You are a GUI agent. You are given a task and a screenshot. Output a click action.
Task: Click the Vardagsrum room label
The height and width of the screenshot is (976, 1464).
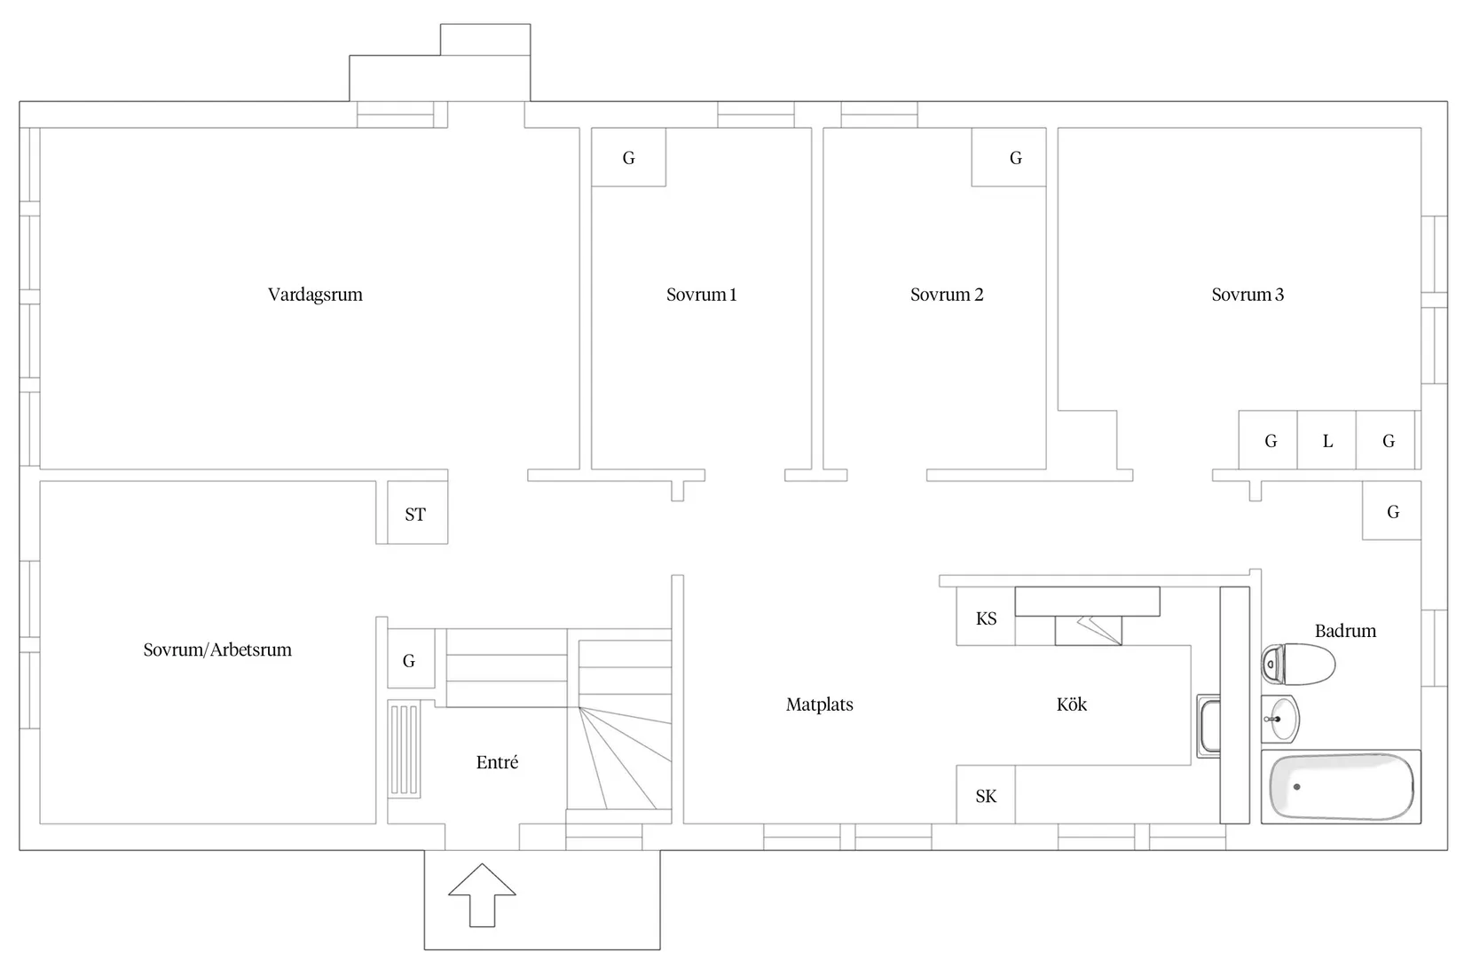(315, 295)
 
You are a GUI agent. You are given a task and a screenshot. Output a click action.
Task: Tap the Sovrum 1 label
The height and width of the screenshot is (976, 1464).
(701, 295)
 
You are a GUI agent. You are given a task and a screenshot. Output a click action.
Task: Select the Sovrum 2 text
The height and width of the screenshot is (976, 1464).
(947, 295)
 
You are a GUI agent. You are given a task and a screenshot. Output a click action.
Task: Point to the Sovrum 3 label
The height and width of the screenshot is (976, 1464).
(1248, 295)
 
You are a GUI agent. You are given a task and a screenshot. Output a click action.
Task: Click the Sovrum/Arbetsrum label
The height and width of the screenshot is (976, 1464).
(217, 649)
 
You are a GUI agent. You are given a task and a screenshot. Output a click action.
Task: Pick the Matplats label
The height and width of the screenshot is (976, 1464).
(820, 704)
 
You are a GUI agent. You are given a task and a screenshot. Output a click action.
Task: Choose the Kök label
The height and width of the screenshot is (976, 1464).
(1072, 704)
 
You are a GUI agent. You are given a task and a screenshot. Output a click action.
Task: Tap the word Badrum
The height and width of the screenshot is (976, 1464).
(1345, 631)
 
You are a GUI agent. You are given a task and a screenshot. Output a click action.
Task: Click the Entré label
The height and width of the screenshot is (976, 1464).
(498, 762)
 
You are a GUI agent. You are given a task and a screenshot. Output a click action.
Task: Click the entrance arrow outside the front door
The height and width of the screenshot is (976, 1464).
(483, 895)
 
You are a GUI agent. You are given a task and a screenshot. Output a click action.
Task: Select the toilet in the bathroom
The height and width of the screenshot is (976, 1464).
(1298, 665)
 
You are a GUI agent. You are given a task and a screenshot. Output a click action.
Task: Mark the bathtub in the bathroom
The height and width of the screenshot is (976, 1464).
(1342, 787)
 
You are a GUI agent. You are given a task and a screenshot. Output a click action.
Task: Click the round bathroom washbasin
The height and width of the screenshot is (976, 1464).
(1281, 719)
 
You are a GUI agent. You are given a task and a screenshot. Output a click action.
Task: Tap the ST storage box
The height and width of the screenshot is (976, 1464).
(418, 513)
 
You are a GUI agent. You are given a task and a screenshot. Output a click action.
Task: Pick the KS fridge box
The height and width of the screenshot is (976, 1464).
(986, 617)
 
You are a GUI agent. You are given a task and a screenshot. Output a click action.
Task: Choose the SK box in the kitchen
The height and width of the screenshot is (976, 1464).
(986, 794)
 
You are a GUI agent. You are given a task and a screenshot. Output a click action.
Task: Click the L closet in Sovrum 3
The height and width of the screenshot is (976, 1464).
(1326, 440)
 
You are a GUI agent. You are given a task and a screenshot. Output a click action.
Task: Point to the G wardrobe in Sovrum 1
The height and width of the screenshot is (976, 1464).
(629, 157)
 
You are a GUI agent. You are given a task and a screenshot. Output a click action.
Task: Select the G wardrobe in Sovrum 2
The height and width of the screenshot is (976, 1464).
(1009, 157)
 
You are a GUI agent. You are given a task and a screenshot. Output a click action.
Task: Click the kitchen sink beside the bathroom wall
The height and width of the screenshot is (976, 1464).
(1209, 727)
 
